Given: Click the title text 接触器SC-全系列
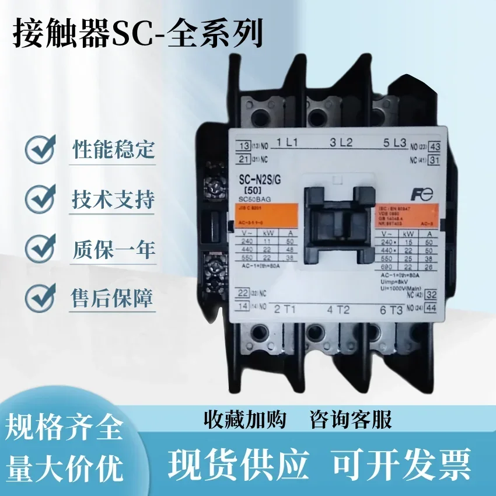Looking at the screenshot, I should coord(138,33).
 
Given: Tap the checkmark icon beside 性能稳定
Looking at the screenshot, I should coord(41,149).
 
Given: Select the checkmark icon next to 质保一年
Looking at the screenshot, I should coord(41,249).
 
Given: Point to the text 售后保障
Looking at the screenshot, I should coord(113,299).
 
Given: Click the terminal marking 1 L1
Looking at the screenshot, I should coord(288,142).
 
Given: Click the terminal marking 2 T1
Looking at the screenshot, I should coord(287,309).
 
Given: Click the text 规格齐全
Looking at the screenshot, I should coord(64,429).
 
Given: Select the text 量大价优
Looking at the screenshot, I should coord(64,467).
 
